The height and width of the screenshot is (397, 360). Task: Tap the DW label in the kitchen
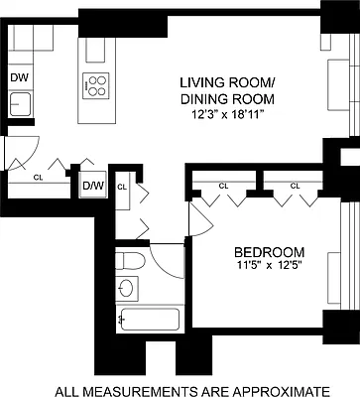(x=19, y=77)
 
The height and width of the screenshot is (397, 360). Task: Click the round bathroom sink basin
(x=125, y=289)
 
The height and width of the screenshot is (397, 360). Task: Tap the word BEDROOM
(x=263, y=252)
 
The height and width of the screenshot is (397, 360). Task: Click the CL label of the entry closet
(x=39, y=179)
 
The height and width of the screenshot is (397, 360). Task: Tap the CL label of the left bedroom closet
(x=223, y=186)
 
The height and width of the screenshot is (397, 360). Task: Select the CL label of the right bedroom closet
(x=295, y=186)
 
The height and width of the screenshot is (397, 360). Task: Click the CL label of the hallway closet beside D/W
(x=122, y=186)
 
